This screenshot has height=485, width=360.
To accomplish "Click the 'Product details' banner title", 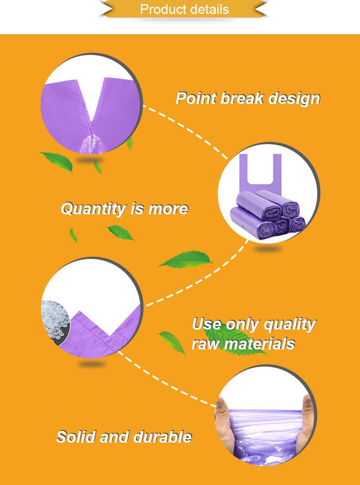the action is coord(184,9).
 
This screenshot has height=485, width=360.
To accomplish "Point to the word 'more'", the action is coord(168,209).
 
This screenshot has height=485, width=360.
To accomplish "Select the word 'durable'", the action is coord(163,437).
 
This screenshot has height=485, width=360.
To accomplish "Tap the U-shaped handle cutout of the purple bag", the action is coord(260,168).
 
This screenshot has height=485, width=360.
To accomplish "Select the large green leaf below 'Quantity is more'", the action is coord(185,259).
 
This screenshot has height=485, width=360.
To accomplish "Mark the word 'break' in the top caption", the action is coord(242,98).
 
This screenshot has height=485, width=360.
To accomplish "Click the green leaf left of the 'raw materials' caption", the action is coord(172,343).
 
